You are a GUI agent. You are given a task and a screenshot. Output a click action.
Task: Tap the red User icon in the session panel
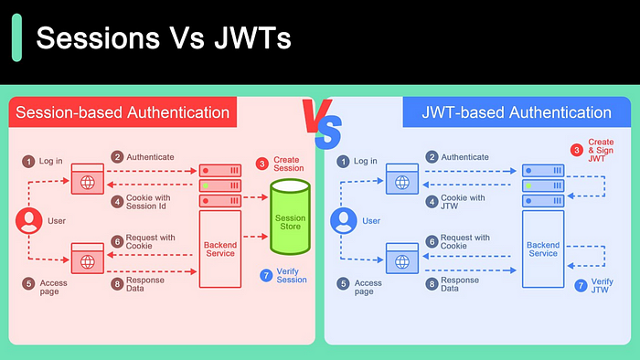(x=28, y=220)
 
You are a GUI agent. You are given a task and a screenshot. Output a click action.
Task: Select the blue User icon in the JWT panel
(x=344, y=220)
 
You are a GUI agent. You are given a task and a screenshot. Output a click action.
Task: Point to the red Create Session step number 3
(x=261, y=163)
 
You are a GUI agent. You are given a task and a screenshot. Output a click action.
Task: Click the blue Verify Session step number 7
(x=266, y=275)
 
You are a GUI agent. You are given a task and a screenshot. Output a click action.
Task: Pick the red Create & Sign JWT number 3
(x=576, y=150)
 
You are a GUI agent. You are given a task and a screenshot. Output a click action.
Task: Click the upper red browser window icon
(x=88, y=178)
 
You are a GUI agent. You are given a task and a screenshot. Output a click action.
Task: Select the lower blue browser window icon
(x=402, y=259)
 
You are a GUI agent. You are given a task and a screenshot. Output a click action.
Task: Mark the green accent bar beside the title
(x=16, y=42)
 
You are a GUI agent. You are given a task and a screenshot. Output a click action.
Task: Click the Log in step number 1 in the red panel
(x=28, y=161)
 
